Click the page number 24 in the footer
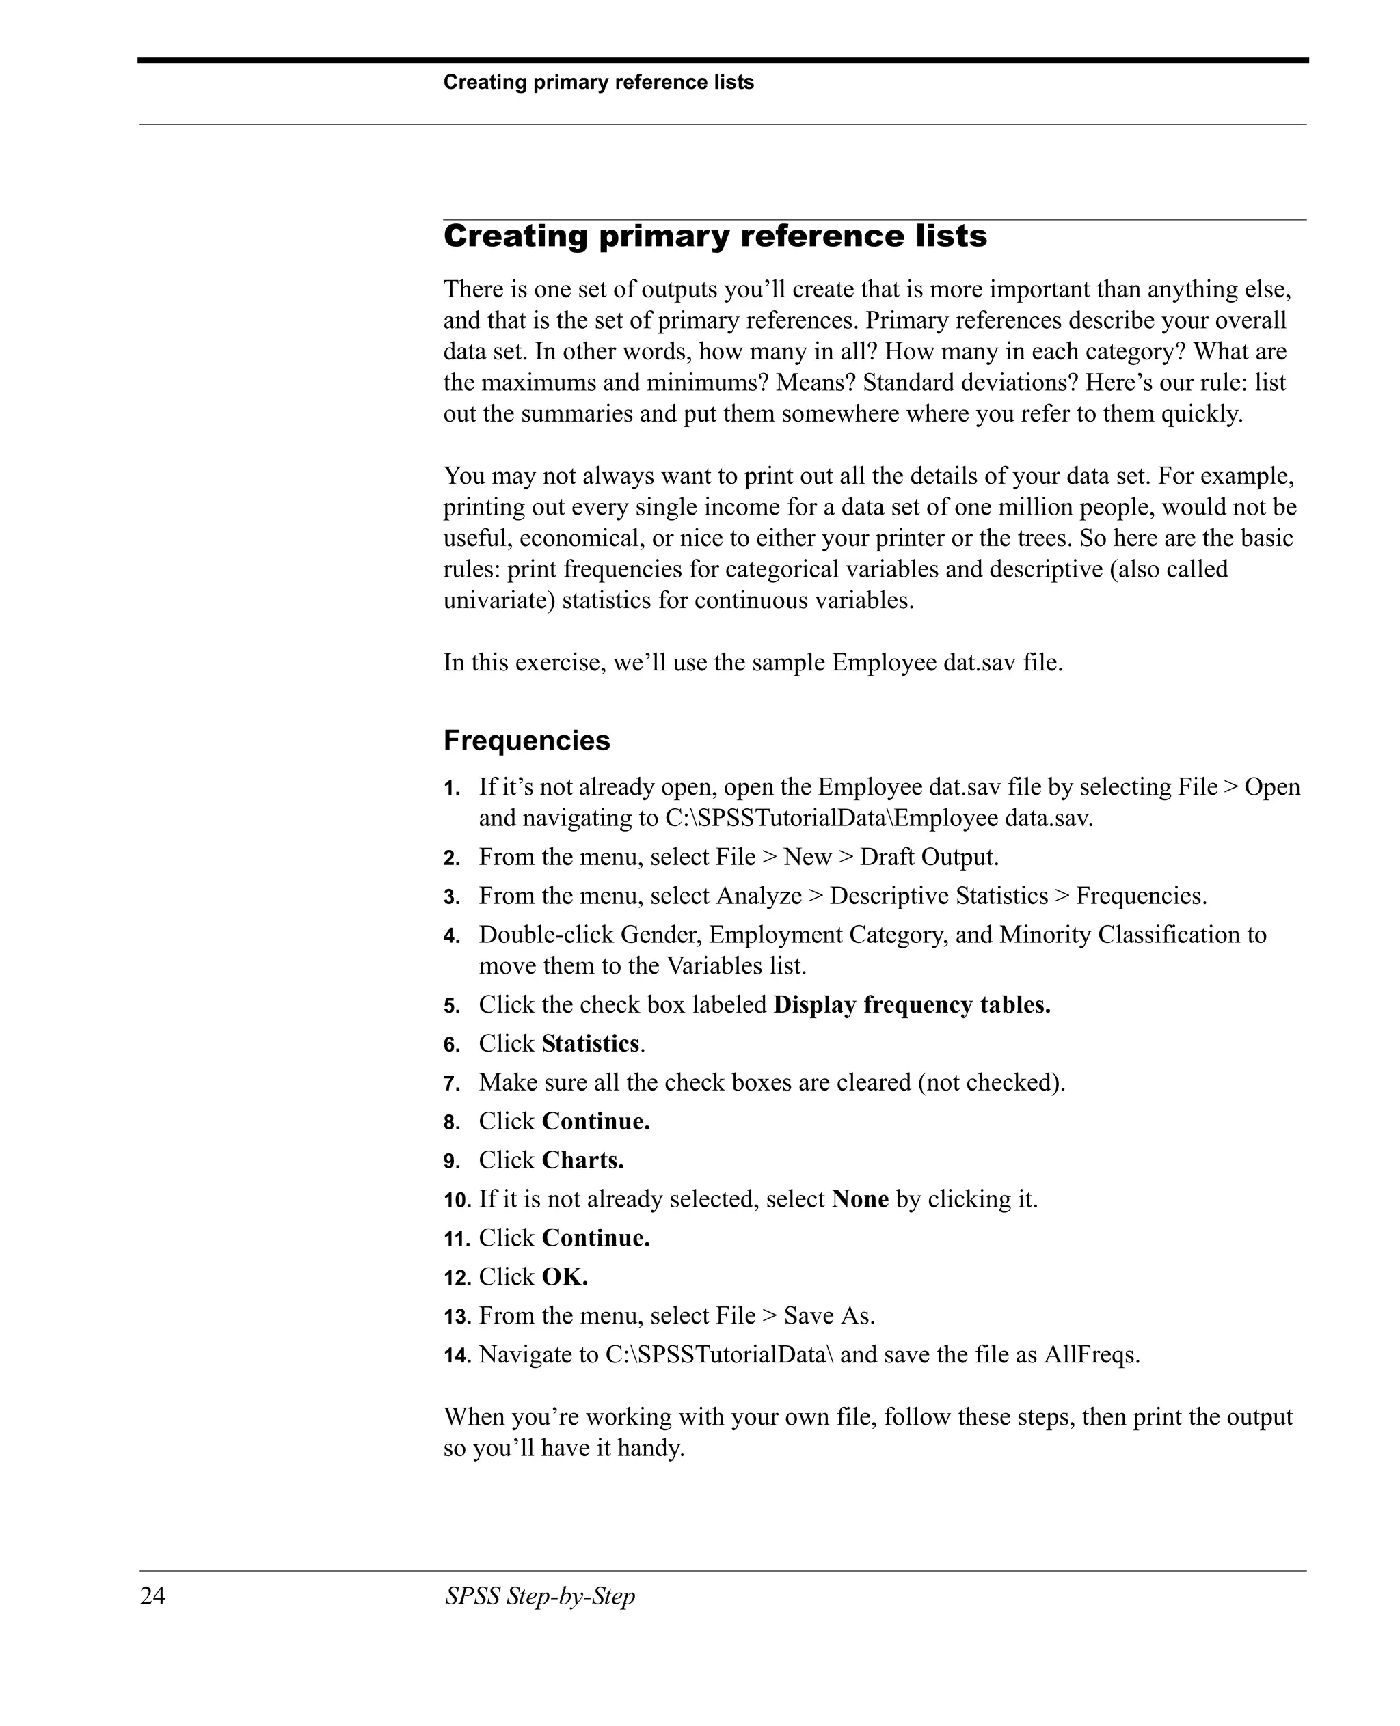(152, 1595)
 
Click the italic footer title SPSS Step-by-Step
(539, 1595)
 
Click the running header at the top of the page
(597, 82)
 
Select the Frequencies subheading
(526, 740)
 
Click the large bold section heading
(714, 236)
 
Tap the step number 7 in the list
(452, 1084)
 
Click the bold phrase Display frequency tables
(911, 1004)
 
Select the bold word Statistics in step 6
(591, 1043)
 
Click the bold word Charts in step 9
(582, 1160)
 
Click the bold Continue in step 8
(595, 1121)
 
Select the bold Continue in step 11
(595, 1237)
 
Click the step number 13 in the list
(457, 1317)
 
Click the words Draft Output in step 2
(928, 856)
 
